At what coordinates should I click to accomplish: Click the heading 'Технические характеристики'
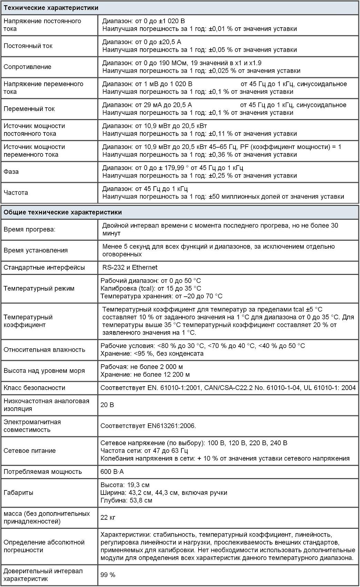[51, 8]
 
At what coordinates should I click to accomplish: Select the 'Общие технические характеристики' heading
[62, 212]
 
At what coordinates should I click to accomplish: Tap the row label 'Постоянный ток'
[28, 46]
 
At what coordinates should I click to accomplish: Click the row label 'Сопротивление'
[27, 67]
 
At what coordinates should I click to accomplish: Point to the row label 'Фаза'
[11, 172]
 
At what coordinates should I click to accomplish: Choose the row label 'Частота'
[16, 193]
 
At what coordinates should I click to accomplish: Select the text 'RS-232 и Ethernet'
[130, 267]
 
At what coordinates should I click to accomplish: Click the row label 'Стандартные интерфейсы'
[44, 268]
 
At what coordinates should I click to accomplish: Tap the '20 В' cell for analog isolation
[107, 405]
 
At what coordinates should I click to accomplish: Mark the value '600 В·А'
[112, 471]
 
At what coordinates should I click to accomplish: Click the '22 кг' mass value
[108, 517]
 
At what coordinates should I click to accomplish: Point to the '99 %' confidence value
[108, 575]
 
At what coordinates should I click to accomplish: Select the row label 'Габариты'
[18, 493]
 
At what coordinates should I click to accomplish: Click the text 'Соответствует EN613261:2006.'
[148, 426]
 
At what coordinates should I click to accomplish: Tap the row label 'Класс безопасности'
[34, 388]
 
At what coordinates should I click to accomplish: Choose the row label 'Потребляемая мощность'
[43, 472]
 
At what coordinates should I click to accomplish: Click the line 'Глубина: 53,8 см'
[126, 500]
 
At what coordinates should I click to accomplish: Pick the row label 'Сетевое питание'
[29, 451]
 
